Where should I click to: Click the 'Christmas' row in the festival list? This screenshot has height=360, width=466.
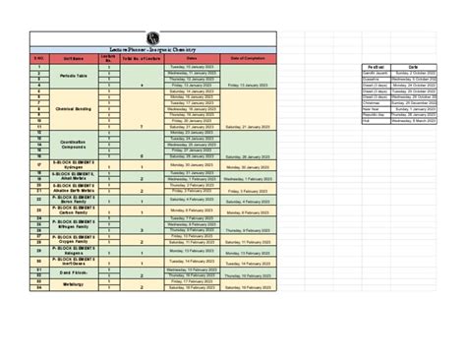372,102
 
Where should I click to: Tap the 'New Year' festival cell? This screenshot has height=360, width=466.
373,108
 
